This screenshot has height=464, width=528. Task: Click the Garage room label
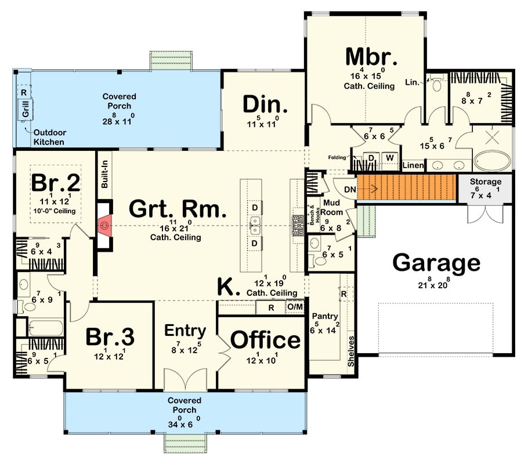coord(436,263)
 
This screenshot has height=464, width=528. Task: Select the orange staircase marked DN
coord(406,188)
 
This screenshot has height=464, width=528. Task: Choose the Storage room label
coord(485,182)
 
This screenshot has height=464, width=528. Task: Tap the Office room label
coord(266,340)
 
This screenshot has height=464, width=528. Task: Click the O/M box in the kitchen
coord(295,307)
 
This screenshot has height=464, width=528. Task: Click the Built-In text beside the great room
coord(105,174)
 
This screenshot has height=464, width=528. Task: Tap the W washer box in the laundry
coord(389,158)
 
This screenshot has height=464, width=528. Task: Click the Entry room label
coord(185,331)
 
